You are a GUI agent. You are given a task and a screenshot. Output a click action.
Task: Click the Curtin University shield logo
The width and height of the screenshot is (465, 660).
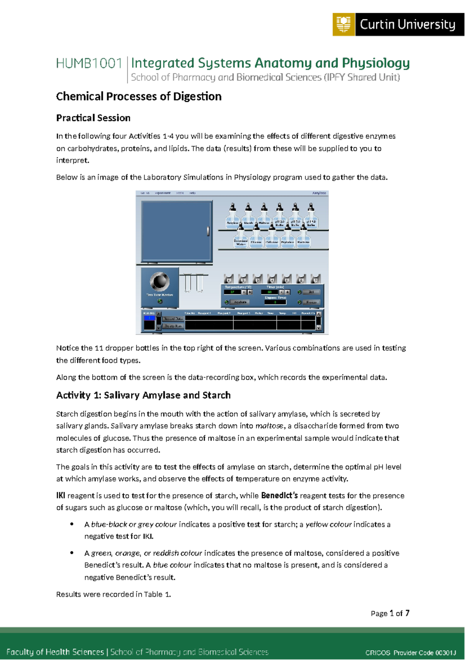343,24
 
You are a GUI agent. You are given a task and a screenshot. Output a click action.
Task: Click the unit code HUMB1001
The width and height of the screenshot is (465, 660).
89,63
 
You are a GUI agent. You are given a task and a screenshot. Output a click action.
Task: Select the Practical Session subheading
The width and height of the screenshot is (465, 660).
93,118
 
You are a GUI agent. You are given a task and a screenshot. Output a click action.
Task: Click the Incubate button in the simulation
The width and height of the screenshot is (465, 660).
239,302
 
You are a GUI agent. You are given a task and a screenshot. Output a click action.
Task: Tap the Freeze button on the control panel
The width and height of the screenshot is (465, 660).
311,302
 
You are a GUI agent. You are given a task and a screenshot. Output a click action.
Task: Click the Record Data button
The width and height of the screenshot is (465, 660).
173,319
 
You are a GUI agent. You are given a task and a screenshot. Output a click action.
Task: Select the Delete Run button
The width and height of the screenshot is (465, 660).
173,326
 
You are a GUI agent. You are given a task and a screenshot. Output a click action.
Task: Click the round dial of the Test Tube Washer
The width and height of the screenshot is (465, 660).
159,281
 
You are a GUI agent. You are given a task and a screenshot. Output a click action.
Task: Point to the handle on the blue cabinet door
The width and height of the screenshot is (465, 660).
208,231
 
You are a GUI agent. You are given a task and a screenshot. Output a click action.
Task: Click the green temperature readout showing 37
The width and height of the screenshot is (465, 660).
232,292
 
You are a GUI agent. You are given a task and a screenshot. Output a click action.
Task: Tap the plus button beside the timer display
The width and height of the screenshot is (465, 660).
287,292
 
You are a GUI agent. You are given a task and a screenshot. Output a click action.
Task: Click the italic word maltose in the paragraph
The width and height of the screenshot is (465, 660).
269,426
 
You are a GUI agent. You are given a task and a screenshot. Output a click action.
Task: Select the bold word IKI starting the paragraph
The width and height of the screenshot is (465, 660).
60,495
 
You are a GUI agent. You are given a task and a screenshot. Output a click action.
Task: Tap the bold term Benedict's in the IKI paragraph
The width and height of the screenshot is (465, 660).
279,495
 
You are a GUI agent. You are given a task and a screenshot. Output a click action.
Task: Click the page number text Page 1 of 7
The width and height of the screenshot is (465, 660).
390,613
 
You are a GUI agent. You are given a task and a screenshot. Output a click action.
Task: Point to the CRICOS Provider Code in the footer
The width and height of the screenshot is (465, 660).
410,653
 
